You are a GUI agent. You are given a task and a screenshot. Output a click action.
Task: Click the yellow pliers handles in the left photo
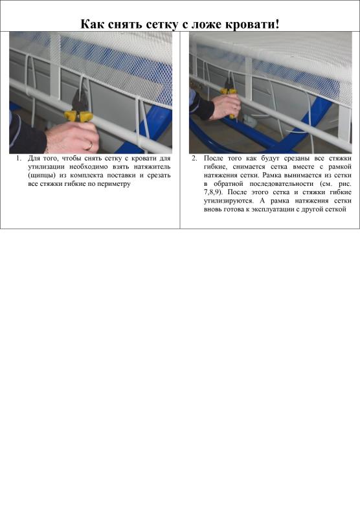coord(78,116)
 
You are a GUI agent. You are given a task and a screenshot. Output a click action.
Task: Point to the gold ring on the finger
coord(90,145)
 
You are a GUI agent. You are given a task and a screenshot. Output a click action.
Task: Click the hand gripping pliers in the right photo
coord(225,106)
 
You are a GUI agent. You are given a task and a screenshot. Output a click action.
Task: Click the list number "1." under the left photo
coord(19,158)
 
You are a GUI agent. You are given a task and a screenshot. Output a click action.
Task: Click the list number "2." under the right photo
coord(194,158)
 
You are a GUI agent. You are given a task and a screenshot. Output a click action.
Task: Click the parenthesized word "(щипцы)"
coord(41,175)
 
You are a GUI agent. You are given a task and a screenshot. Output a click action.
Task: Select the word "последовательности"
coord(282,184)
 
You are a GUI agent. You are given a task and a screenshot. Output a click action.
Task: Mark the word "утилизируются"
coord(229,201)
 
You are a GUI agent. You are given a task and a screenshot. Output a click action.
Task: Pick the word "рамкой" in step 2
coord(340,167)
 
